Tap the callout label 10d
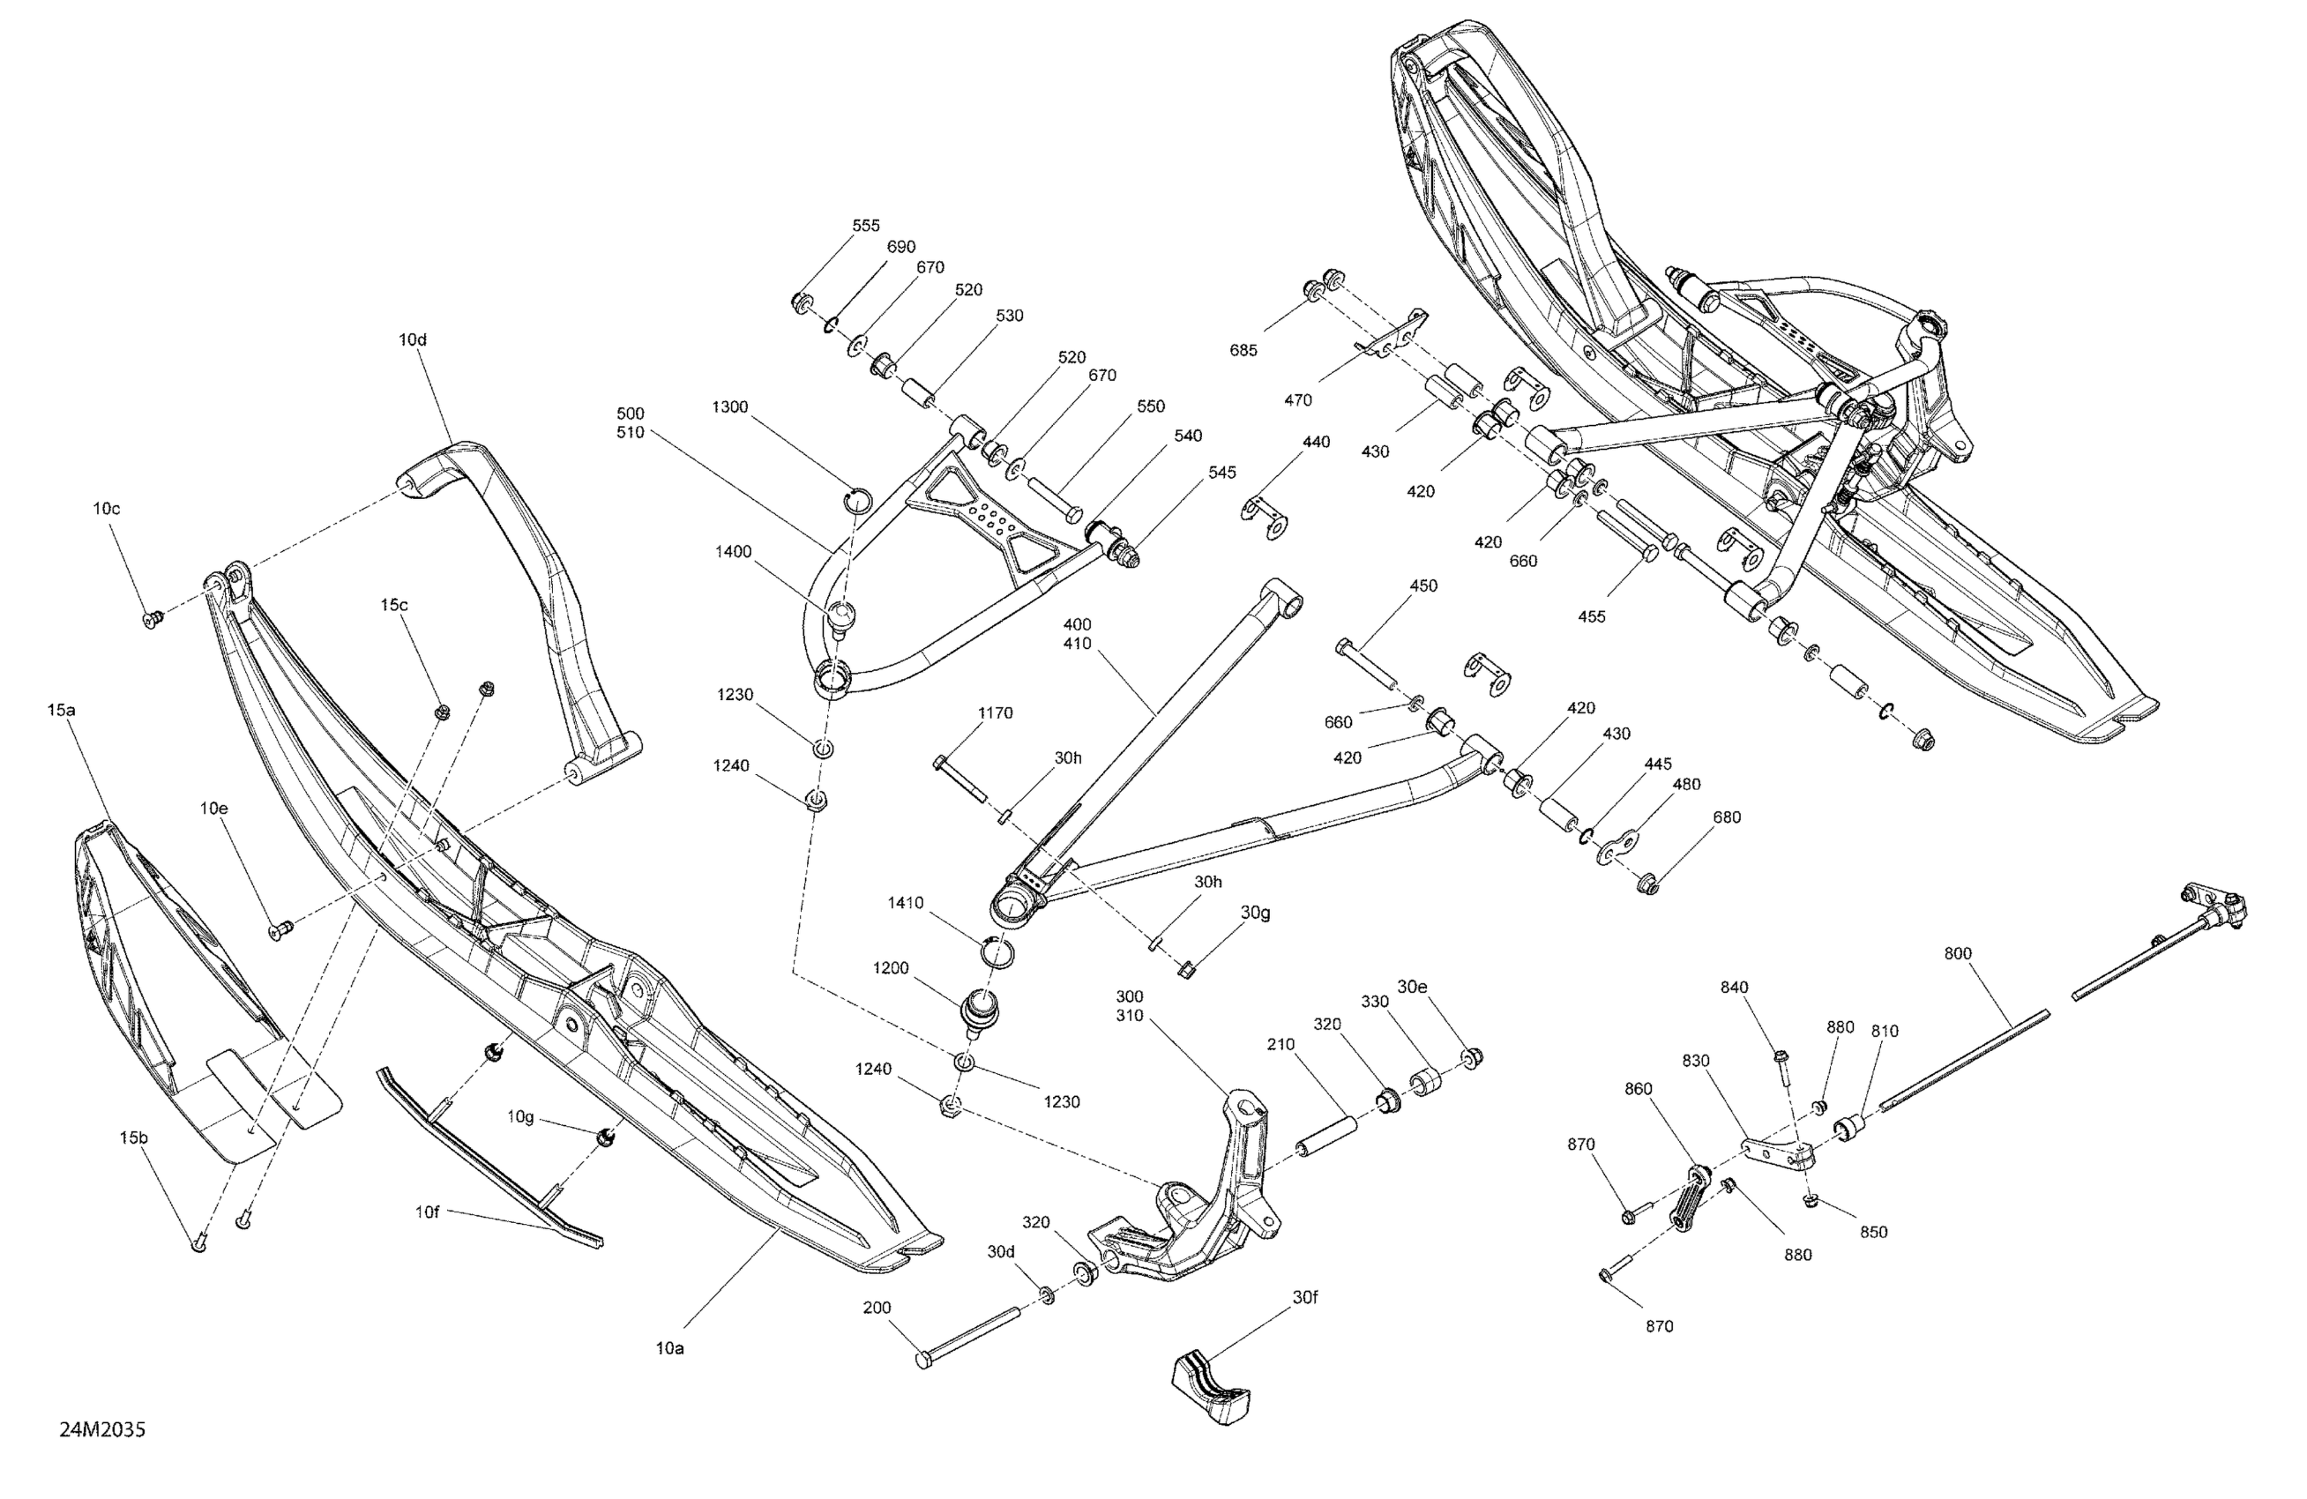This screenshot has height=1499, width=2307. [412, 340]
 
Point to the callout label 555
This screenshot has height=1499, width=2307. [866, 226]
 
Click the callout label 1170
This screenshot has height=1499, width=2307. [995, 713]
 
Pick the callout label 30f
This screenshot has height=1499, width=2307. [1304, 1296]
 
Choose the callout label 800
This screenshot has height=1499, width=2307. [1957, 953]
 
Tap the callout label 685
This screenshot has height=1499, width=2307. [1243, 351]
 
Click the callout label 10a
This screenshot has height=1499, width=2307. [670, 1348]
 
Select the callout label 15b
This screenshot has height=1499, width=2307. [134, 1137]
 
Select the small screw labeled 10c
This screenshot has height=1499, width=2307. [150, 618]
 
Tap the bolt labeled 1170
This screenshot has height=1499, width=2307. [960, 780]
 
